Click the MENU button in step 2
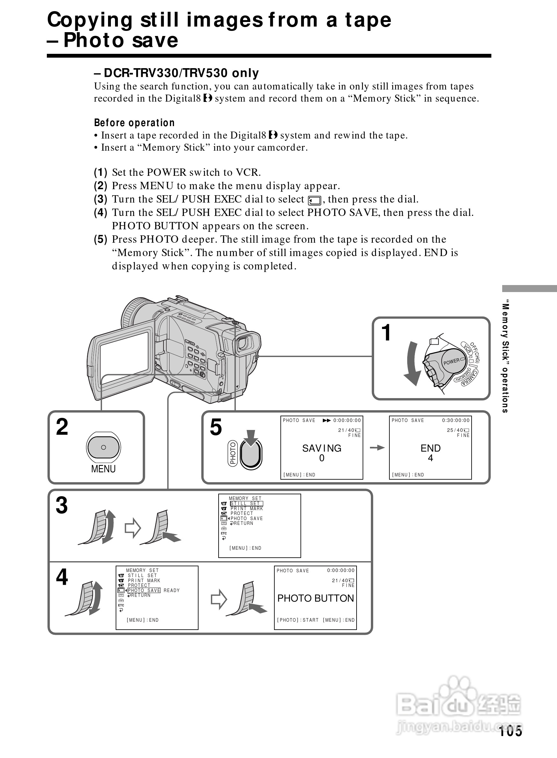tap(104, 447)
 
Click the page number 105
tap(510, 731)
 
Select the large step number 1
tap(386, 333)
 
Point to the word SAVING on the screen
tap(322, 448)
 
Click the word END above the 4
tap(430, 448)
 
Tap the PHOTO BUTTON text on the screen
tap(315, 598)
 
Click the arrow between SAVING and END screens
tap(377, 447)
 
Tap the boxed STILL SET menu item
tap(246, 504)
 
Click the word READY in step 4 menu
tap(172, 590)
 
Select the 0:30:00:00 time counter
tap(456, 420)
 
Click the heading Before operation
tap(134, 123)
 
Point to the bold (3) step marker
tap(100, 199)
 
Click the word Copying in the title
tap(90, 20)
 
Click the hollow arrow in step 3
tap(133, 528)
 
